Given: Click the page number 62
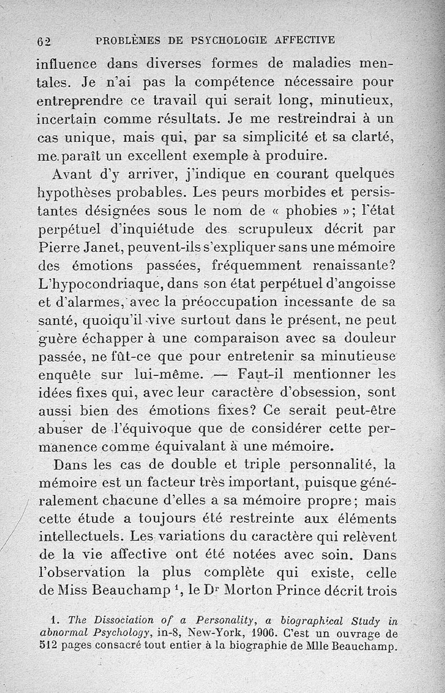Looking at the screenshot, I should tap(44, 42).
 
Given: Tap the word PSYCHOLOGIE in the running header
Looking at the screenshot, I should tap(229, 40).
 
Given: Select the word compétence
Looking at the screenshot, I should tap(234, 83).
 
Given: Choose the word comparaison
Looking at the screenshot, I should tap(244, 338).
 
